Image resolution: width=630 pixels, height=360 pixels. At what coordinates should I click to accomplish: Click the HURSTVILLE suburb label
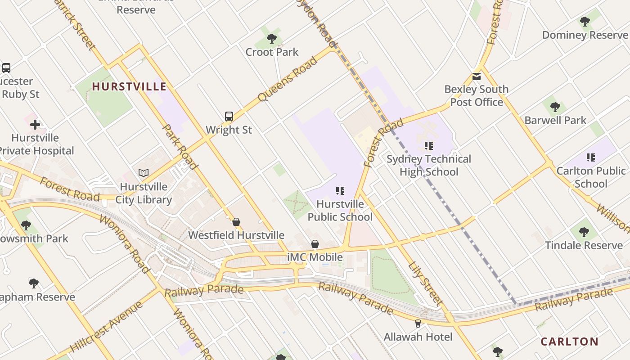tap(129, 86)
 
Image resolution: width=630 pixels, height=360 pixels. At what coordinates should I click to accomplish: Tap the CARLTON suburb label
tap(569, 342)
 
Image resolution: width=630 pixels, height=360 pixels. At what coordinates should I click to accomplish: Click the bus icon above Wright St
tap(229, 117)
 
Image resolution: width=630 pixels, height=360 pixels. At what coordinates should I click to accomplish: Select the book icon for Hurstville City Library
tap(144, 173)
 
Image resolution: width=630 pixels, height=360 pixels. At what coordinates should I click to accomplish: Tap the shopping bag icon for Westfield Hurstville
tap(236, 222)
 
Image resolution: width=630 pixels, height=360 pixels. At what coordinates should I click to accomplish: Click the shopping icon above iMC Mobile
tap(315, 244)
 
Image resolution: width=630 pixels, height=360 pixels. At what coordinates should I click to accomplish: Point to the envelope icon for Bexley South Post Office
tap(477, 76)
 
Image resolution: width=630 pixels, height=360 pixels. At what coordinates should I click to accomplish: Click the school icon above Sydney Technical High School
tap(428, 146)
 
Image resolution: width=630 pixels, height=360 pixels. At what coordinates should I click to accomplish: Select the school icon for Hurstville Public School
tap(340, 191)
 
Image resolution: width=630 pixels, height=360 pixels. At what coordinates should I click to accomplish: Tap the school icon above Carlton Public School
tap(590, 157)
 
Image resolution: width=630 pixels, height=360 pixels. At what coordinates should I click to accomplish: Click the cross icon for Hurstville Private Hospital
tap(35, 124)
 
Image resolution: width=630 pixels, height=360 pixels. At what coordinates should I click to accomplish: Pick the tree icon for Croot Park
tap(271, 39)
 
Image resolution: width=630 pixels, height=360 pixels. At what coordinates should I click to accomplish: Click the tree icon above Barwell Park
tap(555, 107)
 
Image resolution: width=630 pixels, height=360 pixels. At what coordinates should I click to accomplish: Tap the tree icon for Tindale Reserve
tap(584, 232)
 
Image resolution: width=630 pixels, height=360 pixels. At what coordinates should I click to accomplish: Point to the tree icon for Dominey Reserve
tap(585, 22)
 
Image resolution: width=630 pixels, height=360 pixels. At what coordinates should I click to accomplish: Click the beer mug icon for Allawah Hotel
tap(418, 323)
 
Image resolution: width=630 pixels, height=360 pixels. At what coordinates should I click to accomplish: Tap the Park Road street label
tap(180, 147)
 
